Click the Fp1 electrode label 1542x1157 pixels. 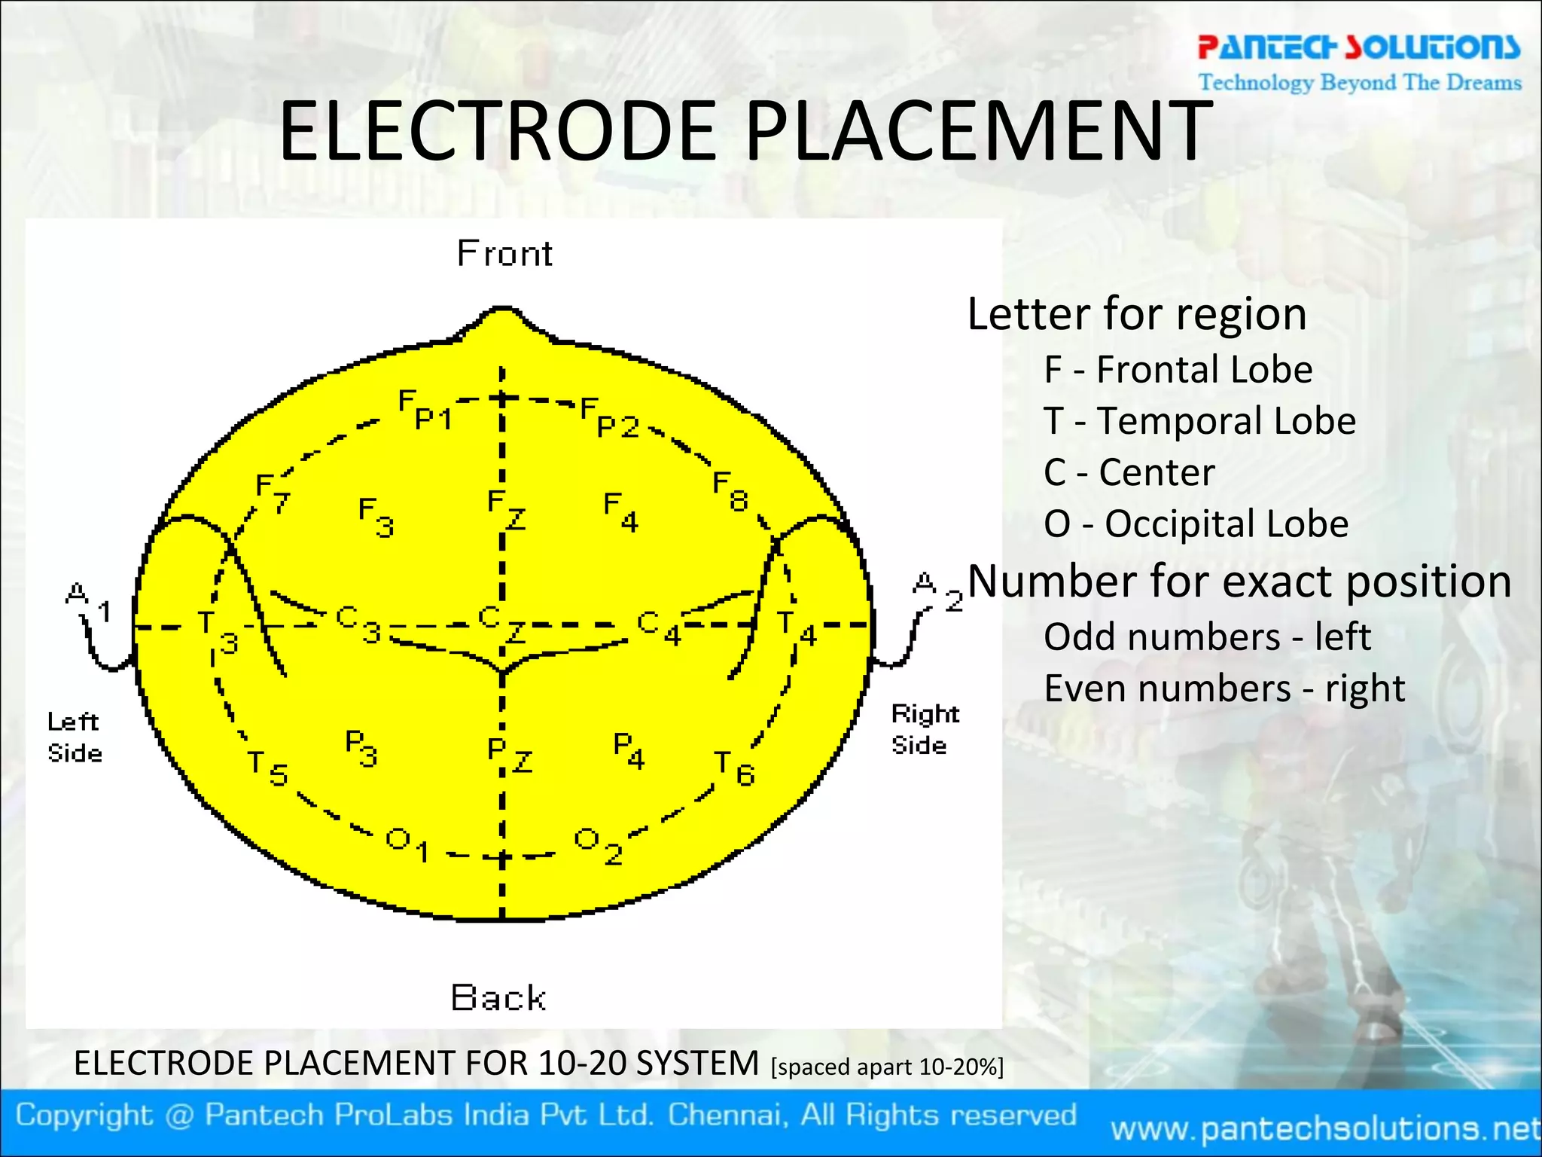[425, 410]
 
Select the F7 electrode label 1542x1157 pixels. [272, 493]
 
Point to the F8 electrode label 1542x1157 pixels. [730, 491]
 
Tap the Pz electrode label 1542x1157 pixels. [509, 755]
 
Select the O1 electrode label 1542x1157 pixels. [407, 844]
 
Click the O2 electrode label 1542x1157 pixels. [598, 846]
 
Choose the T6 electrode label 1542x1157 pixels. [734, 768]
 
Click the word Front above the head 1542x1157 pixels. [504, 254]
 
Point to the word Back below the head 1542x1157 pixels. [498, 998]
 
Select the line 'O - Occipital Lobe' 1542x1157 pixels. [1196, 524]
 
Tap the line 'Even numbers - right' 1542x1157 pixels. [1224, 688]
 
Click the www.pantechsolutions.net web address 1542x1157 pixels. [1325, 1128]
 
